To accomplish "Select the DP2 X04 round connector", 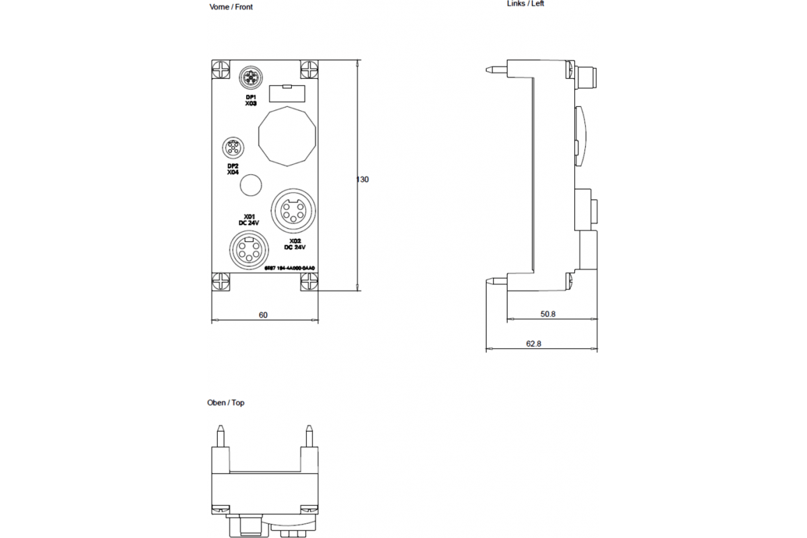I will [233, 147].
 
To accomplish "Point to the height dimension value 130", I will [362, 180].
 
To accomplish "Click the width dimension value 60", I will [263, 315].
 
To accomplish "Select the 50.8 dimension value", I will [548, 313].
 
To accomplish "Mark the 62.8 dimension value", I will [533, 344].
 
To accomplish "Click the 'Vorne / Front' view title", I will [231, 7].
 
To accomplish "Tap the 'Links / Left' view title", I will [525, 3].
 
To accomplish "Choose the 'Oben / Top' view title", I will [226, 403].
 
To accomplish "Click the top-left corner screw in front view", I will [221, 69].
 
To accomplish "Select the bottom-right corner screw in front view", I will [309, 282].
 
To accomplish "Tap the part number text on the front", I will [289, 268].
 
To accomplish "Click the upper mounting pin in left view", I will [496, 69].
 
